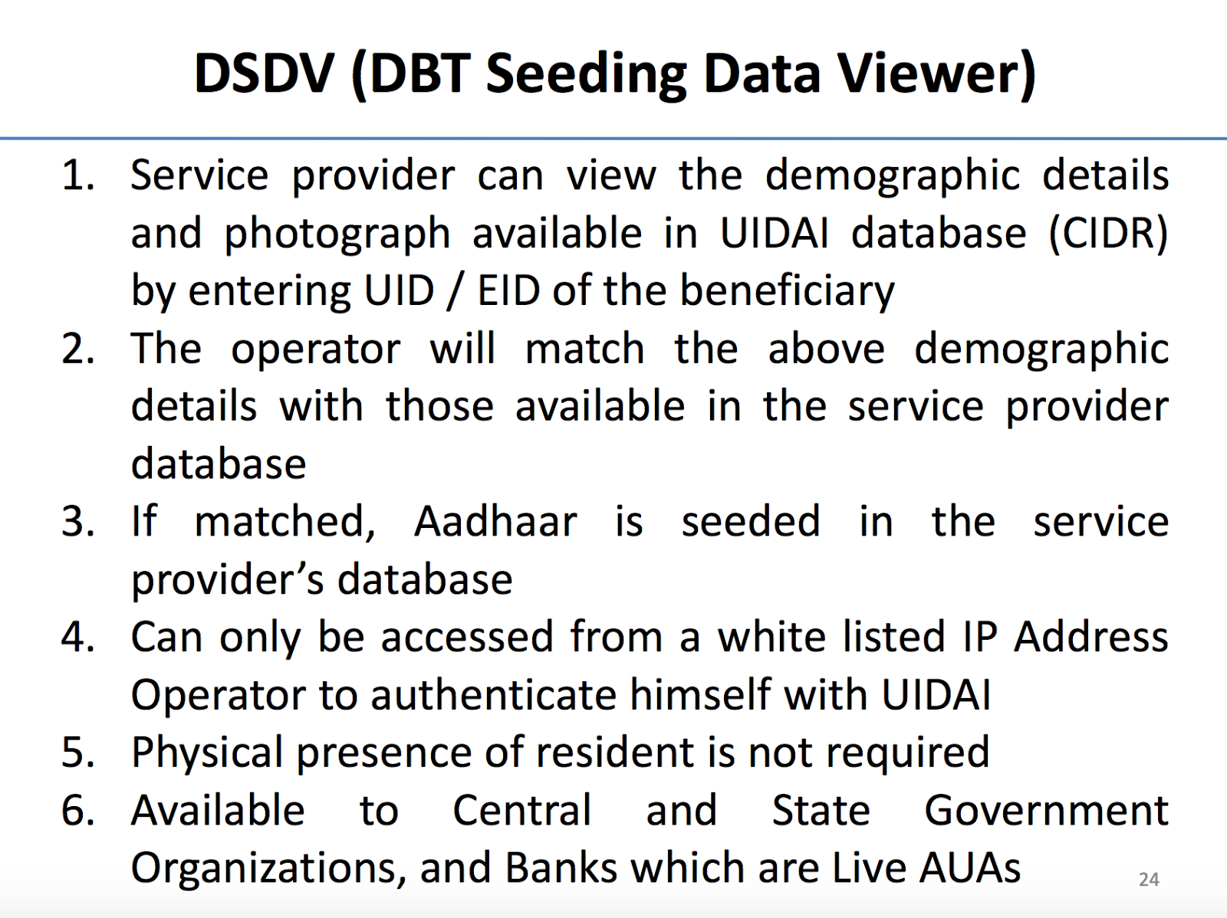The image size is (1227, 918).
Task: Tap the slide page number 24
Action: click(x=1148, y=879)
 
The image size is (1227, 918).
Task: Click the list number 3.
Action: click(x=77, y=522)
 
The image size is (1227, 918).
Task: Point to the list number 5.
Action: click(x=77, y=752)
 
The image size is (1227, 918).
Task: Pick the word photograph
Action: click(x=337, y=234)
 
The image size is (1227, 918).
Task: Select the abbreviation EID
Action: click(x=509, y=291)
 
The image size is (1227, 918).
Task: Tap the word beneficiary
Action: click(x=787, y=292)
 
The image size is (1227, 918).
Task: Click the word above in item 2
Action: click(x=826, y=349)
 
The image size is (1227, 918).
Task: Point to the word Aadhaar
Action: click(x=495, y=522)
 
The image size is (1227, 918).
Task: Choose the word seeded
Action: click(x=751, y=522)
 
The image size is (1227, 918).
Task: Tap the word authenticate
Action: click(x=494, y=695)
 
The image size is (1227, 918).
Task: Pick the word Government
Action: click(x=1046, y=811)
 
